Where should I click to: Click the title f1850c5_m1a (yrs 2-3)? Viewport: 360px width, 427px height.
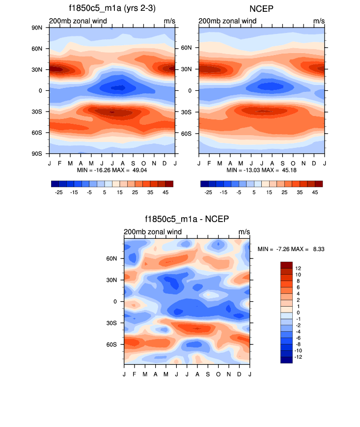112,8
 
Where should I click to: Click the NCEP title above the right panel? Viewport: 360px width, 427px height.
262,8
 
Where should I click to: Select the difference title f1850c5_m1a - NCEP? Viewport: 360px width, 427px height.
187,220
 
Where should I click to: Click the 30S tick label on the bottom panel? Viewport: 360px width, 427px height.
111,323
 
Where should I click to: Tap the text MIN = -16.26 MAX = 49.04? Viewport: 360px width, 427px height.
112,170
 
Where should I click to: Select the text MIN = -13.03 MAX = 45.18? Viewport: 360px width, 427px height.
262,170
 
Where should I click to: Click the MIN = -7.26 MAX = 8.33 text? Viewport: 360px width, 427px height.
291,250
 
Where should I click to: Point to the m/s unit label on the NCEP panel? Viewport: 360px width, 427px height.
319,21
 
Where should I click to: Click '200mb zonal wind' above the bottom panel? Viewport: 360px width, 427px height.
153,232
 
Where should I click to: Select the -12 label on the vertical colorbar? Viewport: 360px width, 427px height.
299,357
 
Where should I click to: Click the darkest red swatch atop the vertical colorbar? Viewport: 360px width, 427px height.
286,265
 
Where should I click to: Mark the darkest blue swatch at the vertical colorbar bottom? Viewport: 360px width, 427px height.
286,360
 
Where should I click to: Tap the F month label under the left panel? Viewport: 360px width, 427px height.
60,163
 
